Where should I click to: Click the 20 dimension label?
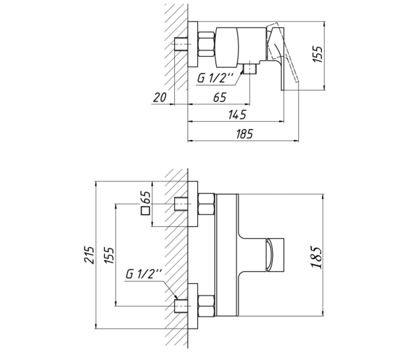(160, 97)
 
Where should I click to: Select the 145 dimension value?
(237, 115)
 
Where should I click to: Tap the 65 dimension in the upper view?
(220, 97)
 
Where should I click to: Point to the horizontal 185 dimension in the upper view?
(245, 134)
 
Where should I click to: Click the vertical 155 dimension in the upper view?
(318, 55)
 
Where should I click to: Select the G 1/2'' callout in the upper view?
(215, 78)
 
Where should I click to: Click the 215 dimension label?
(89, 255)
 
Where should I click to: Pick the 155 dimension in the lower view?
(109, 255)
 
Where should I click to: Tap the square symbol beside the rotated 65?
(146, 211)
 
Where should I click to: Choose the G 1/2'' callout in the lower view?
(143, 274)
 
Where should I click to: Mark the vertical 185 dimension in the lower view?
(316, 257)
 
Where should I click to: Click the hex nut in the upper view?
(206, 44)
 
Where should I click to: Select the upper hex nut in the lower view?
(206, 204)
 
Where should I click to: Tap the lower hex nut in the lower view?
(206, 306)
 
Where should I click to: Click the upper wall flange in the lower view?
(192, 204)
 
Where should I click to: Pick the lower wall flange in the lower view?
(192, 306)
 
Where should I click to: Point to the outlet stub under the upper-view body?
(250, 69)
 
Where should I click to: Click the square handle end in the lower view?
(275, 255)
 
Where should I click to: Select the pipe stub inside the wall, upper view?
(181, 44)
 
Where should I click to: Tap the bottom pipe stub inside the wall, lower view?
(181, 306)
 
